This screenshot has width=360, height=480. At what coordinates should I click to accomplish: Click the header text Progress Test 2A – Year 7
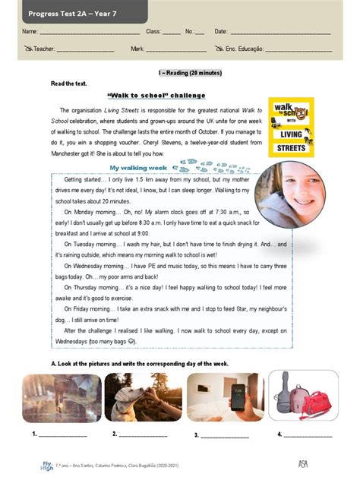pos(69,13)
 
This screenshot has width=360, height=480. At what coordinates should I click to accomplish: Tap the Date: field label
pos(221,32)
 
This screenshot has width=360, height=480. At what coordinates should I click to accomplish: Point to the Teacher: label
pos(44,49)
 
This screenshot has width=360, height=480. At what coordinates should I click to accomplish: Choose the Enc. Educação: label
pos(244,49)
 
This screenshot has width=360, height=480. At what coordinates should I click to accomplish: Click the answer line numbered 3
pos(224,435)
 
